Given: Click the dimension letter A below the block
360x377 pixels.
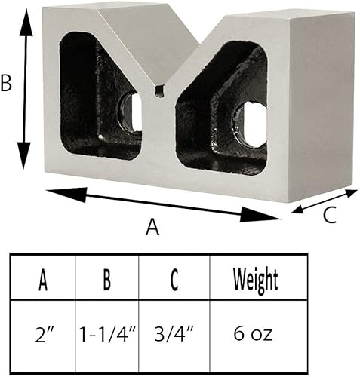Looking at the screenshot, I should [x=152, y=227].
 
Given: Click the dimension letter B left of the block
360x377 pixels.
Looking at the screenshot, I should [x=7, y=83].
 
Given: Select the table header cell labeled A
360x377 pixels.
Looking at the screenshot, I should [x=42, y=280].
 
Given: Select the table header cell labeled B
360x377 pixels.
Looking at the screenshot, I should [x=107, y=280].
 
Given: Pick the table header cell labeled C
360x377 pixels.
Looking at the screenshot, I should [x=174, y=280].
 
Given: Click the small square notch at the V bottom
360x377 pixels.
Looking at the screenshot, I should [x=158, y=91].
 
